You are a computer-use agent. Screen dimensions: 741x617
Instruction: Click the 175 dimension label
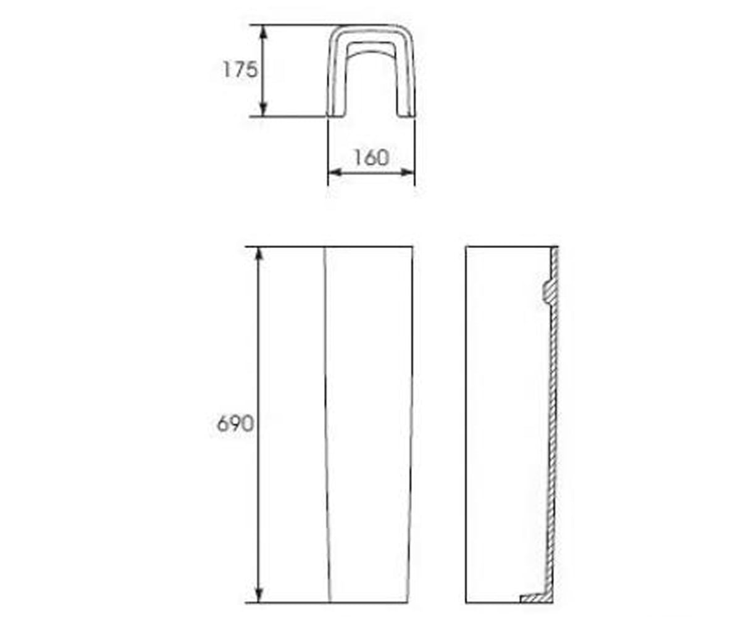pos(240,70)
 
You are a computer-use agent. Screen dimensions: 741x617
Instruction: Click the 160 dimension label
pos(372,157)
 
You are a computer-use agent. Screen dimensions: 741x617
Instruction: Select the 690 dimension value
pos(235,423)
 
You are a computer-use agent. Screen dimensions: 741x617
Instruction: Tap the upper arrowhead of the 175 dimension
pos(263,32)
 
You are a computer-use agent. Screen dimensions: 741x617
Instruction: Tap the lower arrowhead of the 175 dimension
pos(263,109)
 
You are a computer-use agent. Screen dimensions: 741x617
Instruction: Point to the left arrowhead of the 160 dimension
pos(335,173)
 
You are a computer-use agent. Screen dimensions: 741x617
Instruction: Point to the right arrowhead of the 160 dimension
pos(408,173)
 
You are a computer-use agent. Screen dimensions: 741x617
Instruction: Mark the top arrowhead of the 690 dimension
pos(259,253)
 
